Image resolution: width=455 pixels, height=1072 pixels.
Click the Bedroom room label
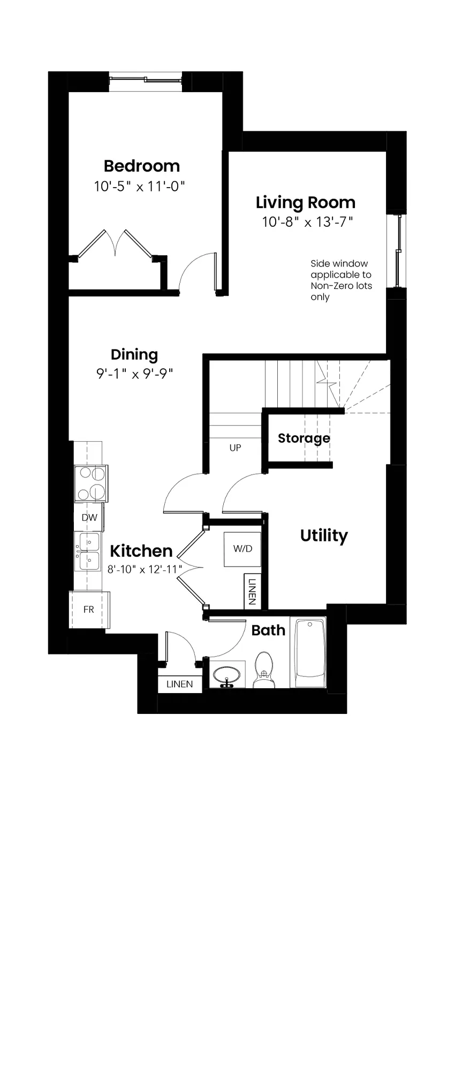point(142,166)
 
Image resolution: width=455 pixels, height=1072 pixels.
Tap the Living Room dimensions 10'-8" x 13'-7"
point(308,221)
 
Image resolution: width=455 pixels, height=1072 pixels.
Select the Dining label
point(134,355)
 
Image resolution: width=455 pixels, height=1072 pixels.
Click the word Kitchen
point(141,551)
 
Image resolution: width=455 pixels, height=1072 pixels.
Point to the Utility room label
point(324,536)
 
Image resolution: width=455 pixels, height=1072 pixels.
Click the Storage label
point(304,438)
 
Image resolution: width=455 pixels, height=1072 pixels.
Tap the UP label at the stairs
point(235,448)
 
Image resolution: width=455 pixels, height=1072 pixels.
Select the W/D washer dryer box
point(242,549)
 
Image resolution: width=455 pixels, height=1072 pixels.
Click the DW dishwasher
point(89,517)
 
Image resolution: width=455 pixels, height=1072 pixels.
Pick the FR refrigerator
point(89,610)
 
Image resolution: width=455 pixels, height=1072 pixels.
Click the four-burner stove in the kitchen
point(90,484)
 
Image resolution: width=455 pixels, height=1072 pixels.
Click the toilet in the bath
point(263,670)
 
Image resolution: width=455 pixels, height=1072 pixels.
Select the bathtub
point(308,653)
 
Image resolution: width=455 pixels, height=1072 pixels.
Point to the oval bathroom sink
point(228,675)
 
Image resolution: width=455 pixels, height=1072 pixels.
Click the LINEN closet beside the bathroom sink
point(180,684)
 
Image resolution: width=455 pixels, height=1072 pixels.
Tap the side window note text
point(341,280)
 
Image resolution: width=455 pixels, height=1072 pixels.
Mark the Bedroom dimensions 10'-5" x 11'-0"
point(139,187)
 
